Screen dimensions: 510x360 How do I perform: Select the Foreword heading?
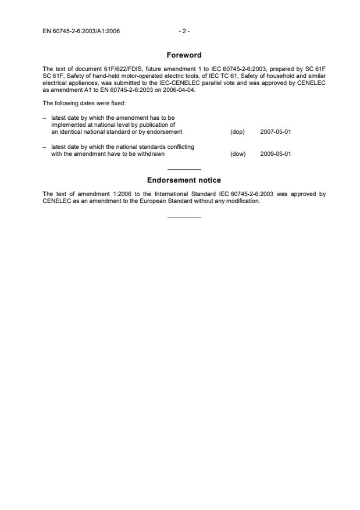(x=184, y=55)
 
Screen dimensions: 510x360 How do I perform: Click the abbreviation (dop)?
(x=237, y=132)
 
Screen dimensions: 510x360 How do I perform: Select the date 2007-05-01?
(x=276, y=132)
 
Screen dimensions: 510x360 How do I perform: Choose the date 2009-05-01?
(x=276, y=154)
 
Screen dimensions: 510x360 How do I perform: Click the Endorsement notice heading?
(x=184, y=180)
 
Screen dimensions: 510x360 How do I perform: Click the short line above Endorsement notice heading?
(x=184, y=169)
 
